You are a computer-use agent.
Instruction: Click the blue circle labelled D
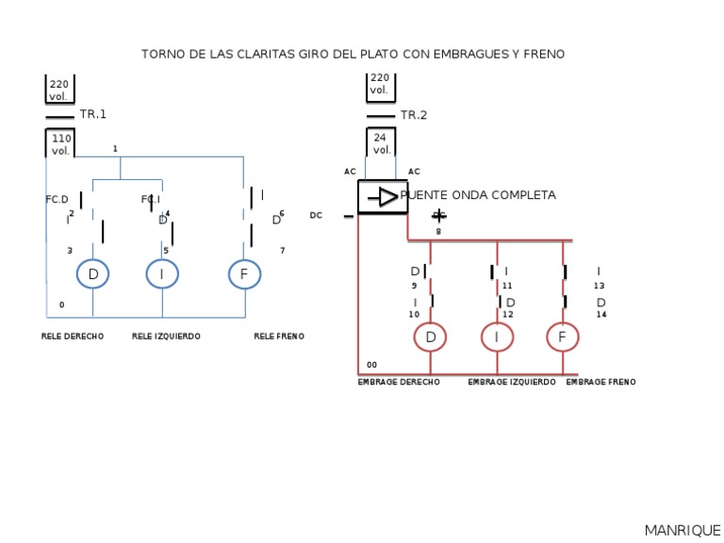92,274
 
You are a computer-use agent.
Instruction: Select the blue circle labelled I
162,274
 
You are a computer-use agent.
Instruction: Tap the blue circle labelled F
244,274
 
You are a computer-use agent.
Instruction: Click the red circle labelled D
431,337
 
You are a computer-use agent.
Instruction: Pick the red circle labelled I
497,337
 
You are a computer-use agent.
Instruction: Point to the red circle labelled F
563,337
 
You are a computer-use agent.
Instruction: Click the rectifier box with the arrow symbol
382,197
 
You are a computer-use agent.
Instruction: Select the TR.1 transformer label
93,114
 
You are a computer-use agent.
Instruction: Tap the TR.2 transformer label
414,115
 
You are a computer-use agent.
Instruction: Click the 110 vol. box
61,144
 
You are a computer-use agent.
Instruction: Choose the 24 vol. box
381,143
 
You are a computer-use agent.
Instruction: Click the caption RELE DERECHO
73,337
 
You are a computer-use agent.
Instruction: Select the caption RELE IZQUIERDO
166,337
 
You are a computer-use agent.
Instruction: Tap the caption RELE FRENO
279,337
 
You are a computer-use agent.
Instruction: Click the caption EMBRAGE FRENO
601,383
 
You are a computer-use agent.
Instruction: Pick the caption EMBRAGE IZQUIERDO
512,383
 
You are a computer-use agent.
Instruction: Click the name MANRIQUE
683,531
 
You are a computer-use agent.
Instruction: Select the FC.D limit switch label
58,200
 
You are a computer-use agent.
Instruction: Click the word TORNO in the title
161,55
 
